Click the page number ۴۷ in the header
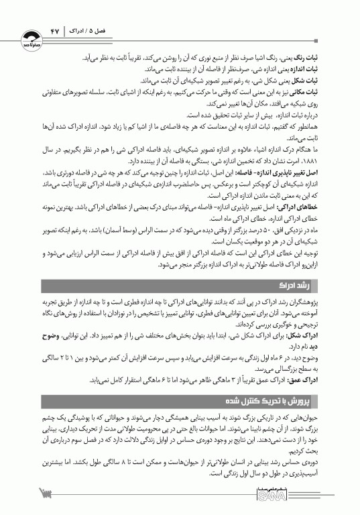pyautogui.click(x=55, y=31)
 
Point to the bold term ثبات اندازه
pyautogui.click(x=322, y=68)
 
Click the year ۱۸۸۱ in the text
pyautogui.click(x=327, y=161)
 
